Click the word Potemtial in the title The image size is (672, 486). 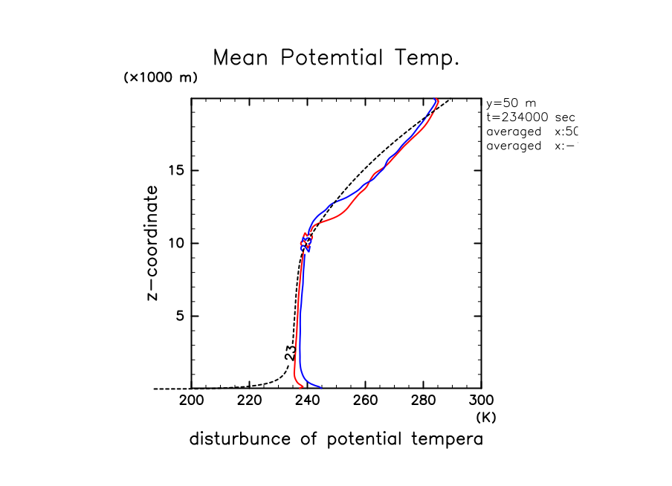(x=337, y=58)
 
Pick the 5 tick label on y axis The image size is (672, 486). (x=178, y=316)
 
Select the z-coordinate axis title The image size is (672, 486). (x=152, y=243)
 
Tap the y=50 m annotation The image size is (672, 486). (x=511, y=103)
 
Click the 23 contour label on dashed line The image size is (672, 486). (x=291, y=352)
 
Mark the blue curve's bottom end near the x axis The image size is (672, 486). (x=320, y=387)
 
